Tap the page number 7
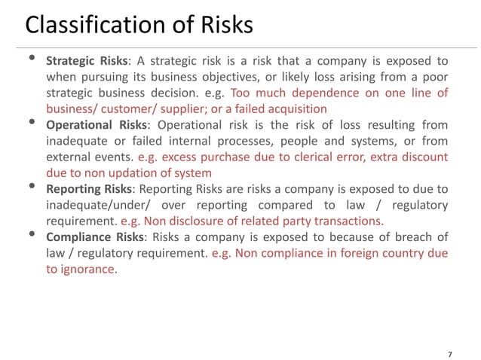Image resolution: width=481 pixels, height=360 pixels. [x=450, y=333]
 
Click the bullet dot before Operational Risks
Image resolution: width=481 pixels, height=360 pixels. [x=32, y=123]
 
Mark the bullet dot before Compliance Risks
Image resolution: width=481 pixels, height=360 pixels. [x=32, y=234]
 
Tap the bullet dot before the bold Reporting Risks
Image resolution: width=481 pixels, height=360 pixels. [x=32, y=188]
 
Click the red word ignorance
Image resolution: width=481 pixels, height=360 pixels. [x=90, y=269]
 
